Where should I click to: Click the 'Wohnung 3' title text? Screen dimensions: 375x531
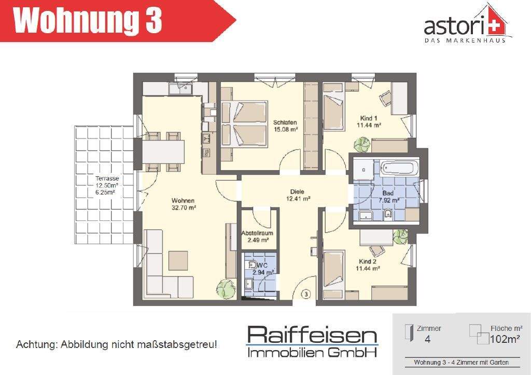click(88, 21)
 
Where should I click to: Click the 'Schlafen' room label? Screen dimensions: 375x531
click(285, 122)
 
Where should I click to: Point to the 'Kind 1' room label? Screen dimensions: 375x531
click(369, 118)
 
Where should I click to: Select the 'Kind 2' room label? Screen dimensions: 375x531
click(369, 261)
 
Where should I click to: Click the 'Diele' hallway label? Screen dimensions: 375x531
click(298, 191)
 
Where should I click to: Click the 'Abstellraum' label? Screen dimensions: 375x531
click(257, 233)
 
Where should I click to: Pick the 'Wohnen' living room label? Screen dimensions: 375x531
click(184, 201)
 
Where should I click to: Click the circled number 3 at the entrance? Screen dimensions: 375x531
click(306, 295)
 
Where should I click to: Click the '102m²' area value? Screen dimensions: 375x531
click(505, 340)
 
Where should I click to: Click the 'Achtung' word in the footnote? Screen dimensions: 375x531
click(36, 344)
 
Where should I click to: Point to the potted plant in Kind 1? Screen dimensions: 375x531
click(362, 143)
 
